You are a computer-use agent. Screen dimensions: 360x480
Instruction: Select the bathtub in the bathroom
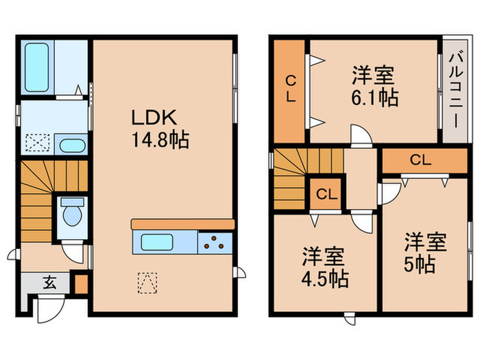pyautogui.click(x=38, y=67)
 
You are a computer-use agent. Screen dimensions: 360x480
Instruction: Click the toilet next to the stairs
pyautogui.click(x=71, y=214)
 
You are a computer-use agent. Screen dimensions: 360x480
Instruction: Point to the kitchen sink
pyautogui.click(x=159, y=242)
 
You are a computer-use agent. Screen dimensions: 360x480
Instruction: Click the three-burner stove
pyautogui.click(x=216, y=242)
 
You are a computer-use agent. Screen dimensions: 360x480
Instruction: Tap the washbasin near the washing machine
pyautogui.click(x=71, y=145)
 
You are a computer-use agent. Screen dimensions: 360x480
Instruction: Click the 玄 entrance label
pyautogui.click(x=50, y=282)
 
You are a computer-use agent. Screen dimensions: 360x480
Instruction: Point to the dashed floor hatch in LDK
pyautogui.click(x=147, y=281)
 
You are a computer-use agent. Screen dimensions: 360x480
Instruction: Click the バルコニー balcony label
pyautogui.click(x=455, y=91)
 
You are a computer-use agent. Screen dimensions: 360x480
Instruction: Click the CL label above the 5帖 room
pyautogui.click(x=420, y=160)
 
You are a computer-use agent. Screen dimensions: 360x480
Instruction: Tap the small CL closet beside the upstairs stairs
pyautogui.click(x=326, y=194)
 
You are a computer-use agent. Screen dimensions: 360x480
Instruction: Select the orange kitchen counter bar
pyautogui.click(x=182, y=224)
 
